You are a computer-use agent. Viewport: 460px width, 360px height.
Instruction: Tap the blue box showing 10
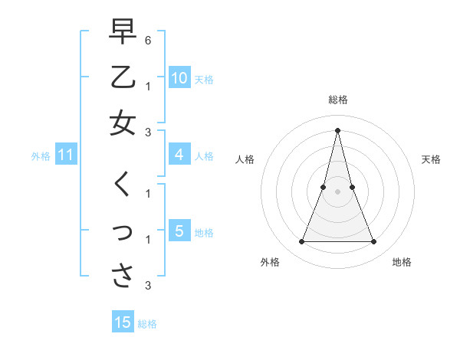179,78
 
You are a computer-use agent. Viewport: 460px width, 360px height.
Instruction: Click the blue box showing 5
179,231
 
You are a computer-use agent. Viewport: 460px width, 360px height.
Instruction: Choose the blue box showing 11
65,155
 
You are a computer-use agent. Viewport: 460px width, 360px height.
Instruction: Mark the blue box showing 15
123,322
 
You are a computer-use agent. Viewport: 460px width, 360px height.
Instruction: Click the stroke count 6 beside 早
148,39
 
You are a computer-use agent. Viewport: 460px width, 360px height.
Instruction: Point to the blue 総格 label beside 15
147,324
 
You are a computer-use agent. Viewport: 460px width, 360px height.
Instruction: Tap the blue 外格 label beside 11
41,156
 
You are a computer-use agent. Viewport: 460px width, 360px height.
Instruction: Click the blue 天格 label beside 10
204,79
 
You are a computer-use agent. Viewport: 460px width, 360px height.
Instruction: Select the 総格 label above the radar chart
337,100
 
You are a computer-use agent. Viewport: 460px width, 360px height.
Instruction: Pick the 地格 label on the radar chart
402,262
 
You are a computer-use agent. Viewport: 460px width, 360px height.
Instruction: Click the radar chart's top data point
337,129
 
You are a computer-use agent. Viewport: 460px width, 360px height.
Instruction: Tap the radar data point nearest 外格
301,242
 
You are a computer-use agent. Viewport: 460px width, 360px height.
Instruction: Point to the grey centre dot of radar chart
337,191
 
